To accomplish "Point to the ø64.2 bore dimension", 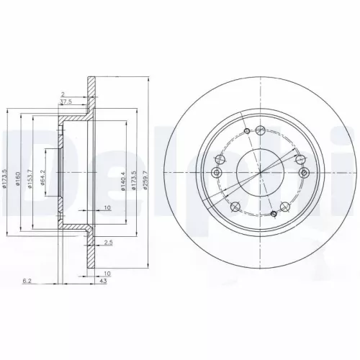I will coord(43,171).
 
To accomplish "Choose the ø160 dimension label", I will coord(18,171).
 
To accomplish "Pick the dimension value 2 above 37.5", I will coord(63,94).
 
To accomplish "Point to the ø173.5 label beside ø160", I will coord(6,171).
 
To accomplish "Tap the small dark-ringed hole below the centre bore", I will coord(273,215).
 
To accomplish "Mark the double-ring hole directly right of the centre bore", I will coord(302,173).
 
